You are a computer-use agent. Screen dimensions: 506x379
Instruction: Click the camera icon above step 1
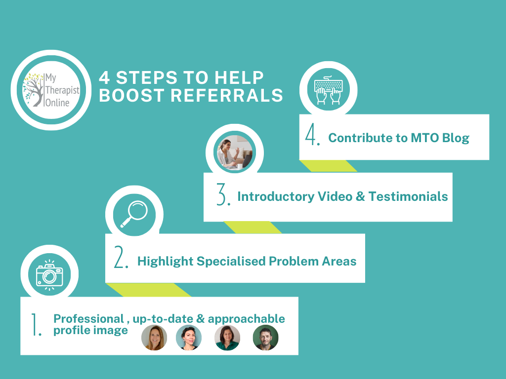[49, 274]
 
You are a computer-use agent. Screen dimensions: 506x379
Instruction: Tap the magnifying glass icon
[134, 215]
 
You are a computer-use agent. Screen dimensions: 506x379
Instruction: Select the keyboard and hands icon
[329, 90]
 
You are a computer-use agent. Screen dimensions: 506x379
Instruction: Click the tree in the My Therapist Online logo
[36, 89]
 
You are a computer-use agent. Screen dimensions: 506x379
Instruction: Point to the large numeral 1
[36, 325]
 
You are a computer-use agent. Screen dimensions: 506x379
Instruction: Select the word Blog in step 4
[455, 138]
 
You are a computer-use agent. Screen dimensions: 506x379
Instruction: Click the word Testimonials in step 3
[410, 196]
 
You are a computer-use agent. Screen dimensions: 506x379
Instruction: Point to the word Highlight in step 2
[166, 261]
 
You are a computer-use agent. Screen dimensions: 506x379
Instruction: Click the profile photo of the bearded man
[265, 338]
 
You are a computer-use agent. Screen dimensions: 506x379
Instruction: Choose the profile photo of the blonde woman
[154, 338]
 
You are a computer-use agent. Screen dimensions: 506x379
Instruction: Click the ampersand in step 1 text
[201, 319]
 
